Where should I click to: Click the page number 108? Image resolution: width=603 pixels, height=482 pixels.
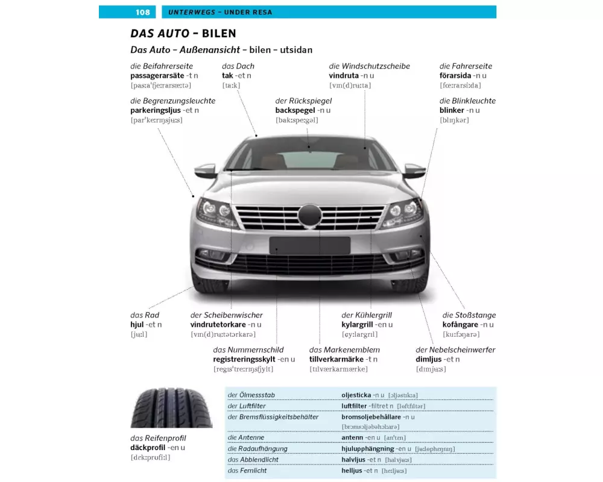(143, 12)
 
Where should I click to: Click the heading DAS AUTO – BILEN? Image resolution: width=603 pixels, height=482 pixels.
(183, 34)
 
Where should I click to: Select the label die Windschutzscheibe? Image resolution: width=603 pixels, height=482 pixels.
(369, 66)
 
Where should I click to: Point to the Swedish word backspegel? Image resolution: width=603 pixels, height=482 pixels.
(295, 110)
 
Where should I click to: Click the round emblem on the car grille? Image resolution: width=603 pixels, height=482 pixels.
(310, 215)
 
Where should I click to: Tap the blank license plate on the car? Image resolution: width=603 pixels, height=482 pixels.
(309, 246)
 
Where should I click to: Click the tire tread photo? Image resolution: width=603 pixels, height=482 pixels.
(171, 408)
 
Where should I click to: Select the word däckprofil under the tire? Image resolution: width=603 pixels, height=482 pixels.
(148, 448)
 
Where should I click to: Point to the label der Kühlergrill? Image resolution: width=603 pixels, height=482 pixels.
(367, 315)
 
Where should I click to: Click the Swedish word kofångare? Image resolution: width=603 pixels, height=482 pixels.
(460, 325)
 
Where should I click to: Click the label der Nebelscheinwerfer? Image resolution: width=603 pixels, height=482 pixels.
(455, 350)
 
